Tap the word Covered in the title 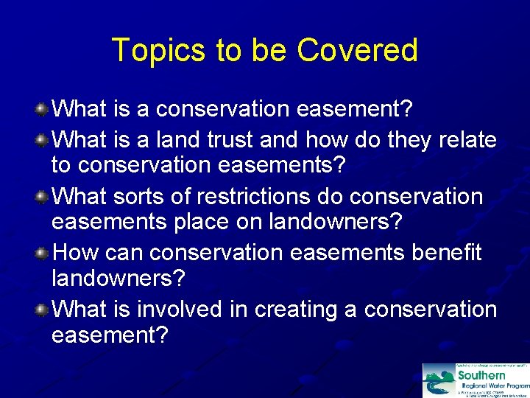click(x=357, y=51)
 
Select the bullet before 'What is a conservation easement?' click(x=43, y=109)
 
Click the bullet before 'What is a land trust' click(x=43, y=139)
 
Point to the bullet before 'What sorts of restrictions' click(x=43, y=196)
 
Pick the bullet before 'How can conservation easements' click(x=43, y=253)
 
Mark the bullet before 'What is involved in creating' click(x=43, y=310)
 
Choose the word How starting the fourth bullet click(x=77, y=253)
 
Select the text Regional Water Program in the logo click(x=493, y=385)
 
